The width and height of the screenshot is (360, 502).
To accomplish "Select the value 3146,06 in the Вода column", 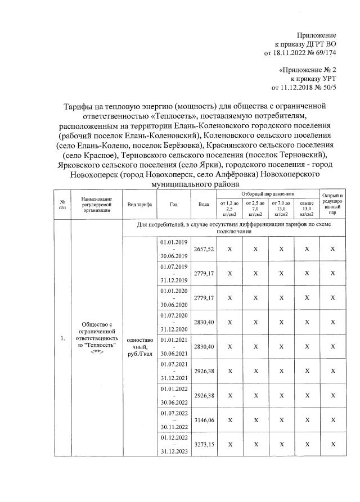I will click(x=204, y=420).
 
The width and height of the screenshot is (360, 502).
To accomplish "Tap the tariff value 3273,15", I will click(x=204, y=444).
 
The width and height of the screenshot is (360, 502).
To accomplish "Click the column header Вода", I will click(x=204, y=205).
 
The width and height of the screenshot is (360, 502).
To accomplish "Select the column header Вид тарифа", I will click(x=139, y=205).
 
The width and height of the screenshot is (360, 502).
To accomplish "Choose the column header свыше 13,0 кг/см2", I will click(x=307, y=207).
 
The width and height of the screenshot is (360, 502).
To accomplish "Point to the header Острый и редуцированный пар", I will click(x=332, y=205).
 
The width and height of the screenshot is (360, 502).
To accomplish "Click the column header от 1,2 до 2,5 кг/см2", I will click(x=229, y=207).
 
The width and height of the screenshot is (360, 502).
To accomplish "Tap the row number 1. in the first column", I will click(x=62, y=338).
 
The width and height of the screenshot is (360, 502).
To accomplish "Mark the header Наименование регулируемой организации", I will click(x=96, y=205).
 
